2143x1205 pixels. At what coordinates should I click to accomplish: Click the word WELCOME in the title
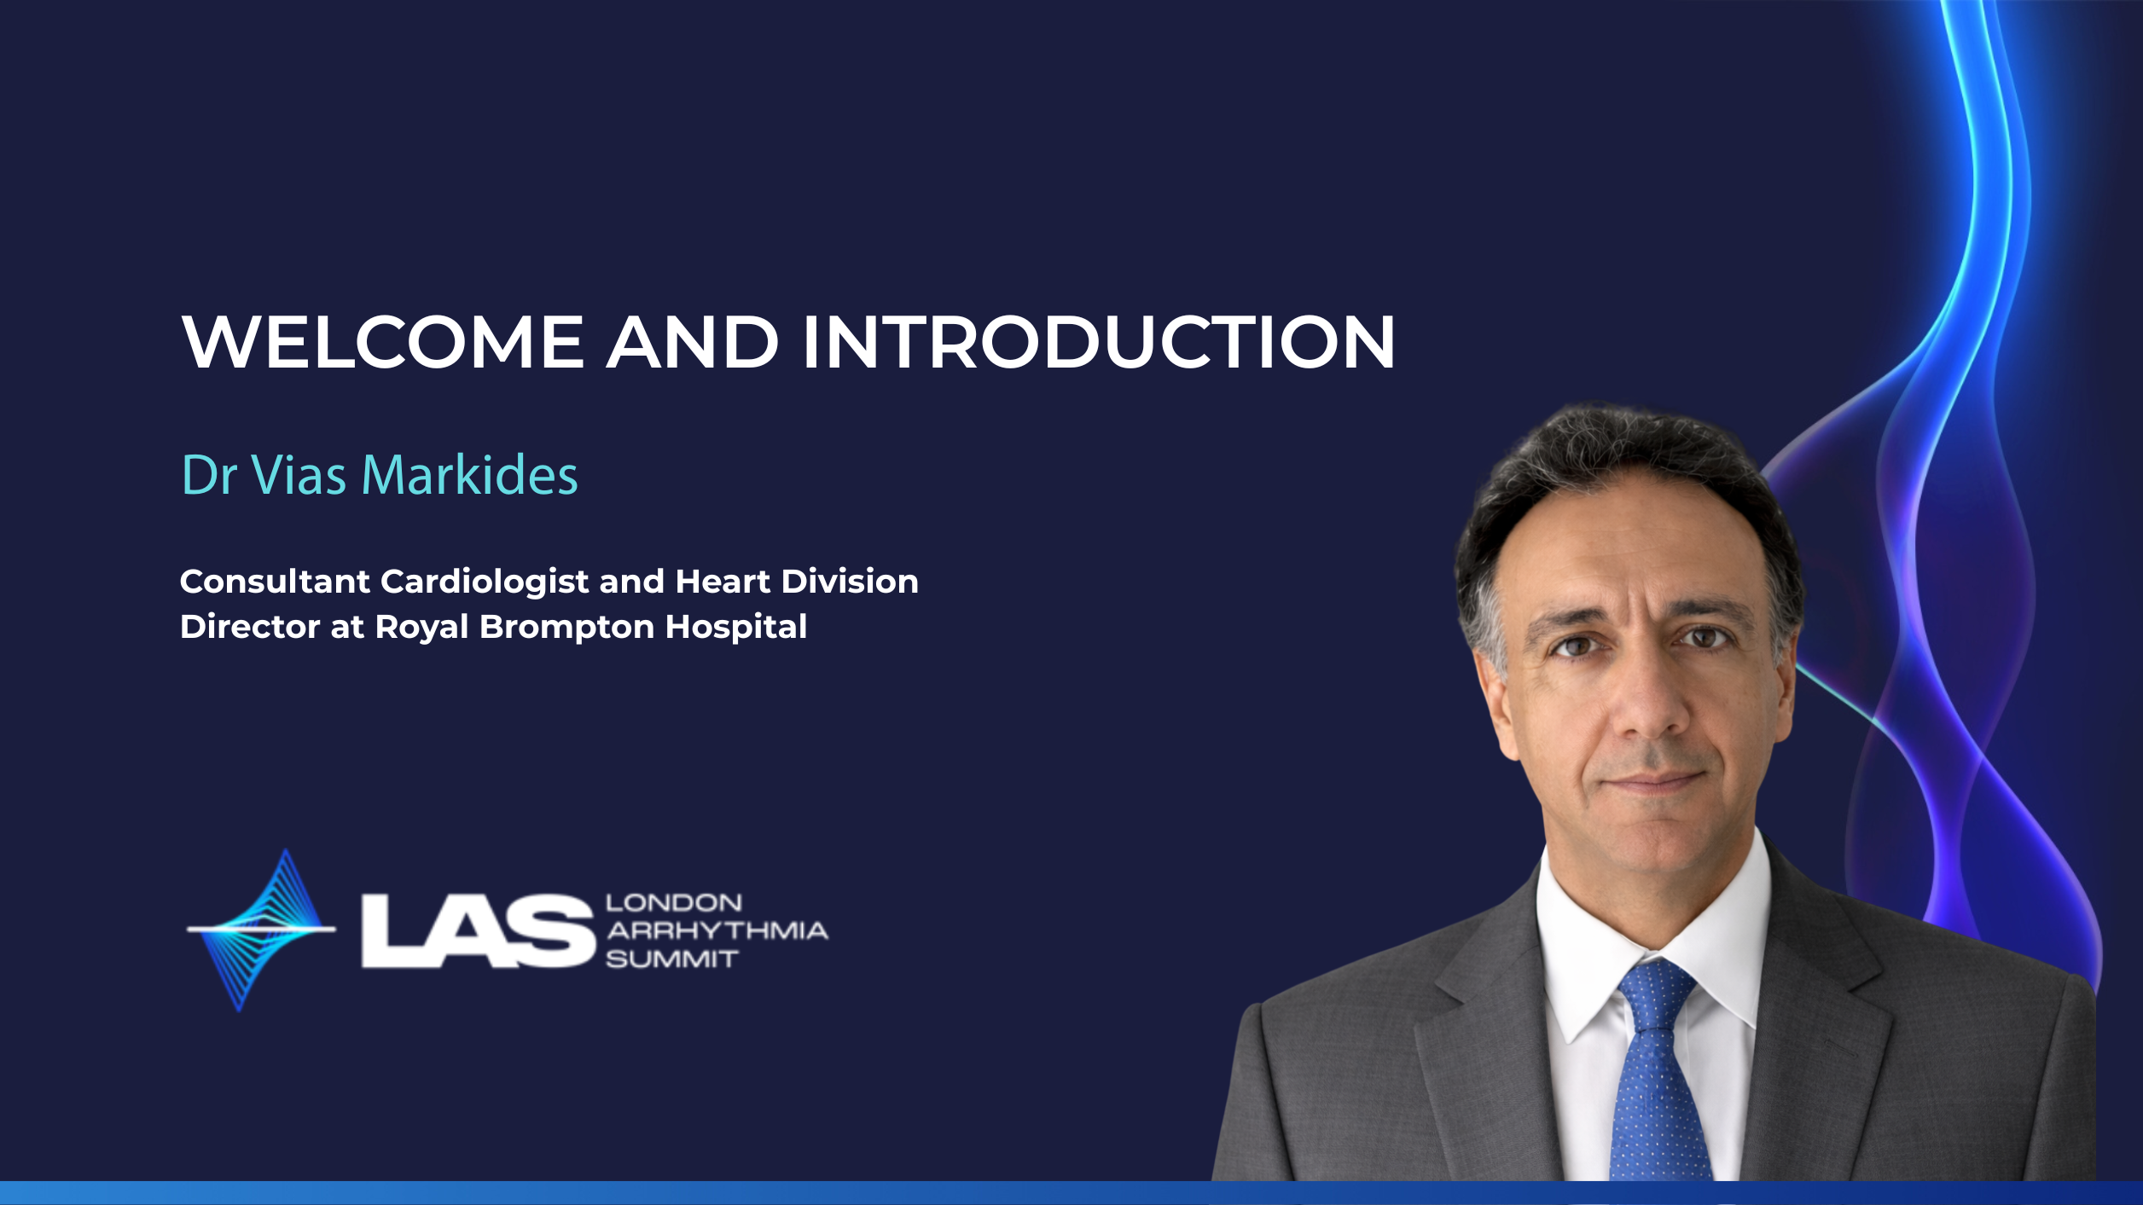pos(383,342)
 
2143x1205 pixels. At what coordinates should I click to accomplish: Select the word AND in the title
pos(693,342)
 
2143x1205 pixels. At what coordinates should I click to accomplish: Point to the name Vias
pos(299,474)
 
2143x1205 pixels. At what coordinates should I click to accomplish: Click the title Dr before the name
pos(209,474)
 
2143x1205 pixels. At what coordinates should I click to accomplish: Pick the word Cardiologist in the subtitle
pos(485,582)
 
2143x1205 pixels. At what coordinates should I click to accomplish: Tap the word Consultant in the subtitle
pos(275,582)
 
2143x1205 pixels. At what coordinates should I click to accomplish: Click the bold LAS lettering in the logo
pos(478,931)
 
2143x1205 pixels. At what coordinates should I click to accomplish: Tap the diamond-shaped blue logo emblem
pos(261,930)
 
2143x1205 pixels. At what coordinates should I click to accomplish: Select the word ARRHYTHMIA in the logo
pos(717,930)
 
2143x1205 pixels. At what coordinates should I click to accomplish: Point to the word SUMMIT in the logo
pos(671,959)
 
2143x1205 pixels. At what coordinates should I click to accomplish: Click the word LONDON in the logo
pos(674,902)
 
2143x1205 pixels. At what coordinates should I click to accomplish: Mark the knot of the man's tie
pos(1655,994)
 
